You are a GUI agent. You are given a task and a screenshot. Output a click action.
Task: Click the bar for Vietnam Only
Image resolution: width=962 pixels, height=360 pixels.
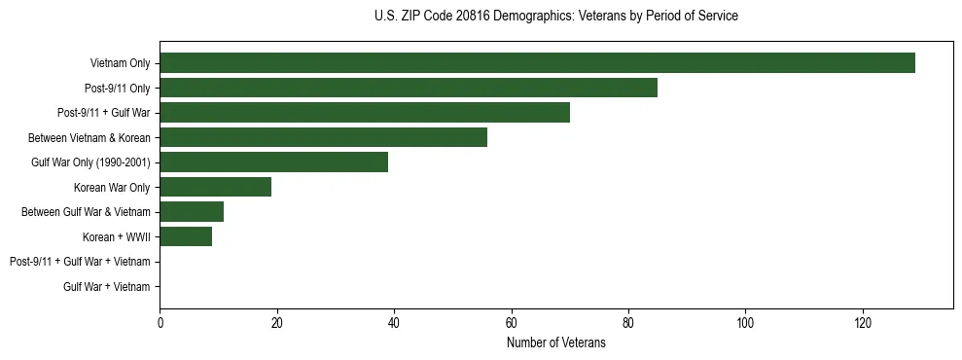(x=537, y=63)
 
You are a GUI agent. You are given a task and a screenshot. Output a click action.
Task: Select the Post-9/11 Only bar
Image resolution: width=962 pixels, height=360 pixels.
(x=409, y=89)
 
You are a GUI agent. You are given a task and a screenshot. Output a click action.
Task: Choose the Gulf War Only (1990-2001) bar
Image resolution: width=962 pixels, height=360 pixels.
(x=273, y=162)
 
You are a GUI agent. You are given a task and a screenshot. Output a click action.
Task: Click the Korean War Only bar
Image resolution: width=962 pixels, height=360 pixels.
(x=215, y=187)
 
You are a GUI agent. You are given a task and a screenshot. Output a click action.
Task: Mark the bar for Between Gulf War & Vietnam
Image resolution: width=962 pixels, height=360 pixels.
(x=192, y=212)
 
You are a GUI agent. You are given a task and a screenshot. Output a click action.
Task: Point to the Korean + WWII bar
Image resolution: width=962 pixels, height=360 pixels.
(x=186, y=236)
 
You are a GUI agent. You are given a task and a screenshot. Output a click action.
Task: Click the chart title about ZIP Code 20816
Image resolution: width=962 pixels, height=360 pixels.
(x=555, y=17)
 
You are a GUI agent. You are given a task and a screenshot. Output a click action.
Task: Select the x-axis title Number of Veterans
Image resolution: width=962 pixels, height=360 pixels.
(x=555, y=343)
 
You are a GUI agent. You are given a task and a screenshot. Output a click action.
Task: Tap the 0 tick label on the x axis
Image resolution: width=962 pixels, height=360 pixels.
(x=160, y=323)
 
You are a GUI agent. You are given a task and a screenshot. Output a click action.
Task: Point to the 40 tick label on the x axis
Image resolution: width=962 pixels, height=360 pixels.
(x=394, y=323)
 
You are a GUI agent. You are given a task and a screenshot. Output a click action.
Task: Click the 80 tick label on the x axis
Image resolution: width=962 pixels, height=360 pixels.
(x=628, y=323)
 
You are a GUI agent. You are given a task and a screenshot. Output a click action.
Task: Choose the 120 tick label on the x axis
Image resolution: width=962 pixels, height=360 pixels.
(x=863, y=323)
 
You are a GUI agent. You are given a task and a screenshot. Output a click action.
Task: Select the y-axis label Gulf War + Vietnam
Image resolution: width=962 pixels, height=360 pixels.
(x=107, y=287)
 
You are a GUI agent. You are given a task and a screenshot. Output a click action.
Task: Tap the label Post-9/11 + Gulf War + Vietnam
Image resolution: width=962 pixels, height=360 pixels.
(x=80, y=262)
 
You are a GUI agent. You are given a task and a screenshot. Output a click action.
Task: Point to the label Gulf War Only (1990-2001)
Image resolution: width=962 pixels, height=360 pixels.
(x=90, y=162)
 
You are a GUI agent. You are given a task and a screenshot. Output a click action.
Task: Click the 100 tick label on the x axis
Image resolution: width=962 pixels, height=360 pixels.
(x=745, y=323)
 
